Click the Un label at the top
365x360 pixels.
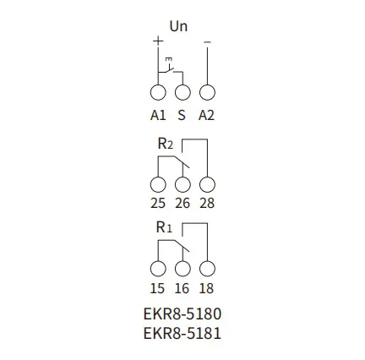(x=178, y=26)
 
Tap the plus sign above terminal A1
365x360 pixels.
(x=158, y=41)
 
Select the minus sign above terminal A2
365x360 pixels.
(x=207, y=42)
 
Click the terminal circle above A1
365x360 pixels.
(x=158, y=92)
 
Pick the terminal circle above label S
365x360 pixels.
(x=182, y=92)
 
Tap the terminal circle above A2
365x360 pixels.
(x=207, y=92)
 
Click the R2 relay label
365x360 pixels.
(x=166, y=144)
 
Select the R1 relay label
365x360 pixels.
(x=164, y=227)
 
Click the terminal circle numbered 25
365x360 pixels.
(x=158, y=184)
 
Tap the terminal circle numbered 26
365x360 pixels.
(x=182, y=184)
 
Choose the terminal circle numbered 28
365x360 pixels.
(x=207, y=184)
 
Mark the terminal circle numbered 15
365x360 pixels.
(x=158, y=269)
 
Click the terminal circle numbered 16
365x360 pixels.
(x=182, y=269)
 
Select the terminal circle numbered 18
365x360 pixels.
(x=207, y=269)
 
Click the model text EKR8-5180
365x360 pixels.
(x=182, y=314)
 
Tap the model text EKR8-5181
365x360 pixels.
(x=182, y=334)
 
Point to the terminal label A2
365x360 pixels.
(x=206, y=116)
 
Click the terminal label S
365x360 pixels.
(x=182, y=116)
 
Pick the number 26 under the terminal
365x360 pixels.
(x=182, y=203)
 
